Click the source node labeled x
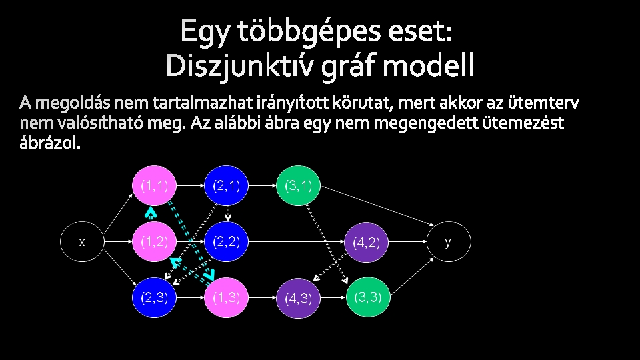tap(82, 242)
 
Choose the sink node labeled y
tap(448, 241)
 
